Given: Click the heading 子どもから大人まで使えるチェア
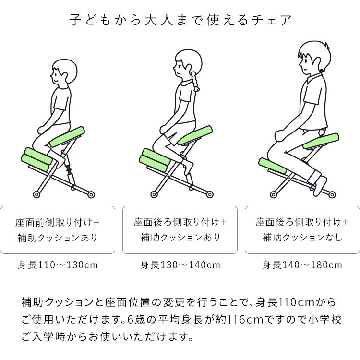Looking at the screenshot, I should [180, 20].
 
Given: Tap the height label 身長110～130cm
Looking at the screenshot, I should [58, 264].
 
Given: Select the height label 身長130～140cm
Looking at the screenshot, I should [180, 264].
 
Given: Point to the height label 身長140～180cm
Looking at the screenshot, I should [302, 264].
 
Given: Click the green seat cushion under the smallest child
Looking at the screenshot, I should [68, 136].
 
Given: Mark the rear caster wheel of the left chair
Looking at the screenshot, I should [91, 194].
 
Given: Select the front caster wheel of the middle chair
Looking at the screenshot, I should [154, 194].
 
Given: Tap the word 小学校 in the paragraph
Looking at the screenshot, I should [326, 319].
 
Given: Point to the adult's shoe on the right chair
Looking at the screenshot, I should [321, 186].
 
